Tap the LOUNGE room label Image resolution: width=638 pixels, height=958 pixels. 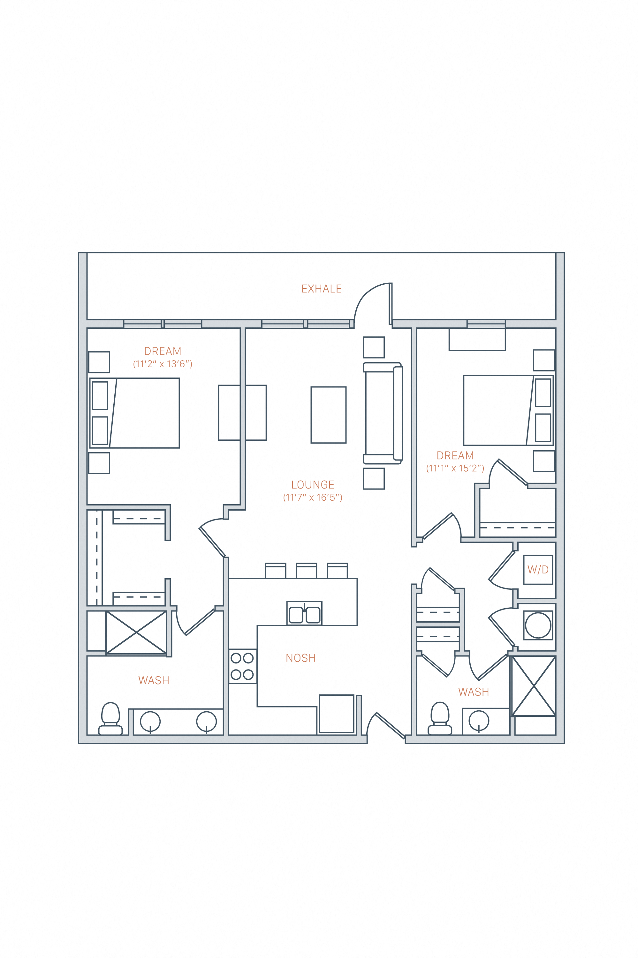pos(313,485)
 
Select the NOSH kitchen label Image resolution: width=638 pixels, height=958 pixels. pos(301,658)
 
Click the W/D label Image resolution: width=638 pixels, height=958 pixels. pos(538,570)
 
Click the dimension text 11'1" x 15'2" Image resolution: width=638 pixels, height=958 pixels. pos(455,468)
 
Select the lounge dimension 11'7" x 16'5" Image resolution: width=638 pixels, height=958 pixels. pos(313,497)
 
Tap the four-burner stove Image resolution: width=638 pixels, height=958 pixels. pos(242,666)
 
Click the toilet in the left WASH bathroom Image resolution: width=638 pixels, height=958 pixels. pos(110,719)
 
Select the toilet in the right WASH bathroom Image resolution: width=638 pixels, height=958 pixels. pos(440,719)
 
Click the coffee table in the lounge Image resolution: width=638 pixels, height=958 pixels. pos(328,415)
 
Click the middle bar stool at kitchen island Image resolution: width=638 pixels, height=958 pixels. pos(306,571)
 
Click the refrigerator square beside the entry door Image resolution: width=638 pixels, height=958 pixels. pos(336,714)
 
